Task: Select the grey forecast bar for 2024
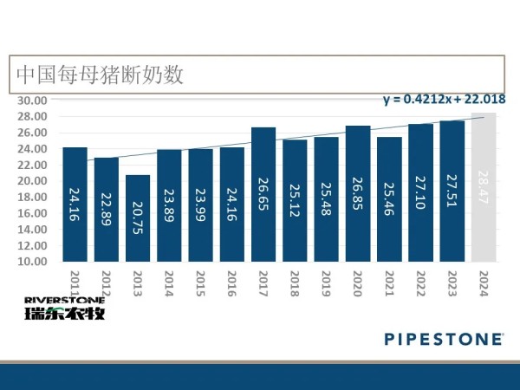(484, 187)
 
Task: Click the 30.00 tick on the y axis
(34, 101)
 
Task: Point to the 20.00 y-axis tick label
(34, 181)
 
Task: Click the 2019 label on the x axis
(327, 283)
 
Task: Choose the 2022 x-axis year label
(421, 283)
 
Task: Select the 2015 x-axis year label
(201, 283)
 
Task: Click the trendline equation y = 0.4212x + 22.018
(441, 100)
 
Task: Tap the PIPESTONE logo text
(443, 337)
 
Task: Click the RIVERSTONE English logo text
(65, 300)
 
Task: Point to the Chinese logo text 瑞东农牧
(65, 313)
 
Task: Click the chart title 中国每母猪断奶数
(100, 75)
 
